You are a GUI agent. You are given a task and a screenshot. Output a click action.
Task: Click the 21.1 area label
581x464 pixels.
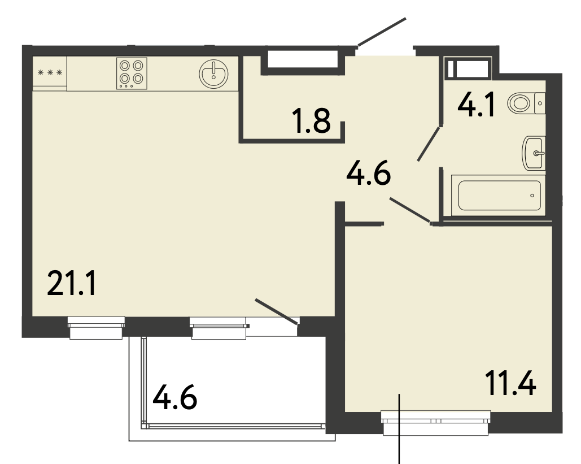(72, 283)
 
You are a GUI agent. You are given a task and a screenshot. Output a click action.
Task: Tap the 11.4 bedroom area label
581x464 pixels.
(510, 384)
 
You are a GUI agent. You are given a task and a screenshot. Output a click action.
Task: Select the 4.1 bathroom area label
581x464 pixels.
(476, 105)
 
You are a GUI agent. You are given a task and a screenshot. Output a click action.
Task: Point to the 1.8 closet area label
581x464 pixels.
(311, 120)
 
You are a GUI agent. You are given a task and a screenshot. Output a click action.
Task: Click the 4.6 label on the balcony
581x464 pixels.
(175, 397)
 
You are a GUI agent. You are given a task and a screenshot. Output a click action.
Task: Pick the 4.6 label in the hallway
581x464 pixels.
(369, 173)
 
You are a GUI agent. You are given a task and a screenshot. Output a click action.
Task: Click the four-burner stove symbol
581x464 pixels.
(132, 73)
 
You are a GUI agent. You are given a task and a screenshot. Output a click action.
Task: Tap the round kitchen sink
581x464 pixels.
(213, 74)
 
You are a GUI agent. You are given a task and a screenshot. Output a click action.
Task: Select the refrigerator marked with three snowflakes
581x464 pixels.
(50, 73)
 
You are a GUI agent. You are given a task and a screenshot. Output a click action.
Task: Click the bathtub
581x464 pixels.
(499, 196)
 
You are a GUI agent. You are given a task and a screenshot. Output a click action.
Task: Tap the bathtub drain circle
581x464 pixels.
(532, 196)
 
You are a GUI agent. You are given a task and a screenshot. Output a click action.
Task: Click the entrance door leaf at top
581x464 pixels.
(382, 32)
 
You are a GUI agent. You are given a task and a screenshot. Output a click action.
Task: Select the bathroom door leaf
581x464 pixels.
(429, 144)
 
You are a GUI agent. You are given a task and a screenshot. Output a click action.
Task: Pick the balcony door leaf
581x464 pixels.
(277, 311)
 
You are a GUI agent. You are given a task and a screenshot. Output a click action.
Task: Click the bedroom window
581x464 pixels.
(436, 422)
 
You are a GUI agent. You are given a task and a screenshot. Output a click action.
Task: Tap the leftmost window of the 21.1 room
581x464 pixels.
(96, 327)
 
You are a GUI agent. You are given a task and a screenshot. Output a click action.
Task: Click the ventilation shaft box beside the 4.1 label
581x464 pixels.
(469, 68)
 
